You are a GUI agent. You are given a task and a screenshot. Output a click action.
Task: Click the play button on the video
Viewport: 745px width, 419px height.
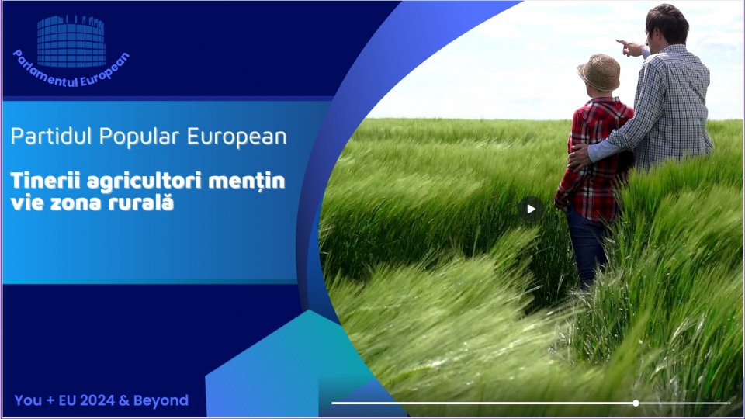coord(531,209)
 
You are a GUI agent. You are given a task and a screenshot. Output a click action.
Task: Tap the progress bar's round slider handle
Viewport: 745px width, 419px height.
coord(636,403)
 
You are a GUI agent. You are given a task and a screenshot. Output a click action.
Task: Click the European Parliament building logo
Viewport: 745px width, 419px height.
coord(71,41)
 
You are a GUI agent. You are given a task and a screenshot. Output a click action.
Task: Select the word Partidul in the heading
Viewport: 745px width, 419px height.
coord(51,137)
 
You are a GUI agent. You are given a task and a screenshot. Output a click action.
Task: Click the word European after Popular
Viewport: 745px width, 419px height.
coord(237,137)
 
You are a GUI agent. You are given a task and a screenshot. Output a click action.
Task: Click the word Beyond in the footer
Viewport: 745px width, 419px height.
coord(161,401)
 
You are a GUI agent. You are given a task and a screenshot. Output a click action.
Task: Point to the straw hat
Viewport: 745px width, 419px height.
coord(599,71)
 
